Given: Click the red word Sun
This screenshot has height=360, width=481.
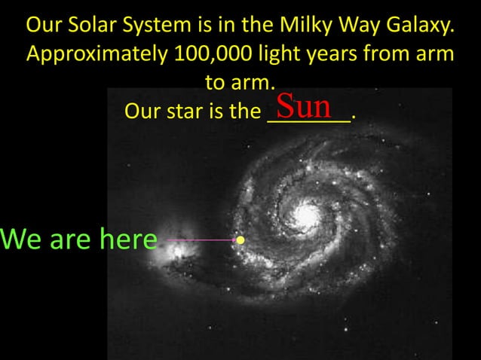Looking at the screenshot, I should (x=305, y=106).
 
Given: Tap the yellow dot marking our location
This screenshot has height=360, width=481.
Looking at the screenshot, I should (x=240, y=240).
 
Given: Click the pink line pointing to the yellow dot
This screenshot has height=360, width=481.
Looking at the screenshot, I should (x=200, y=240).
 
